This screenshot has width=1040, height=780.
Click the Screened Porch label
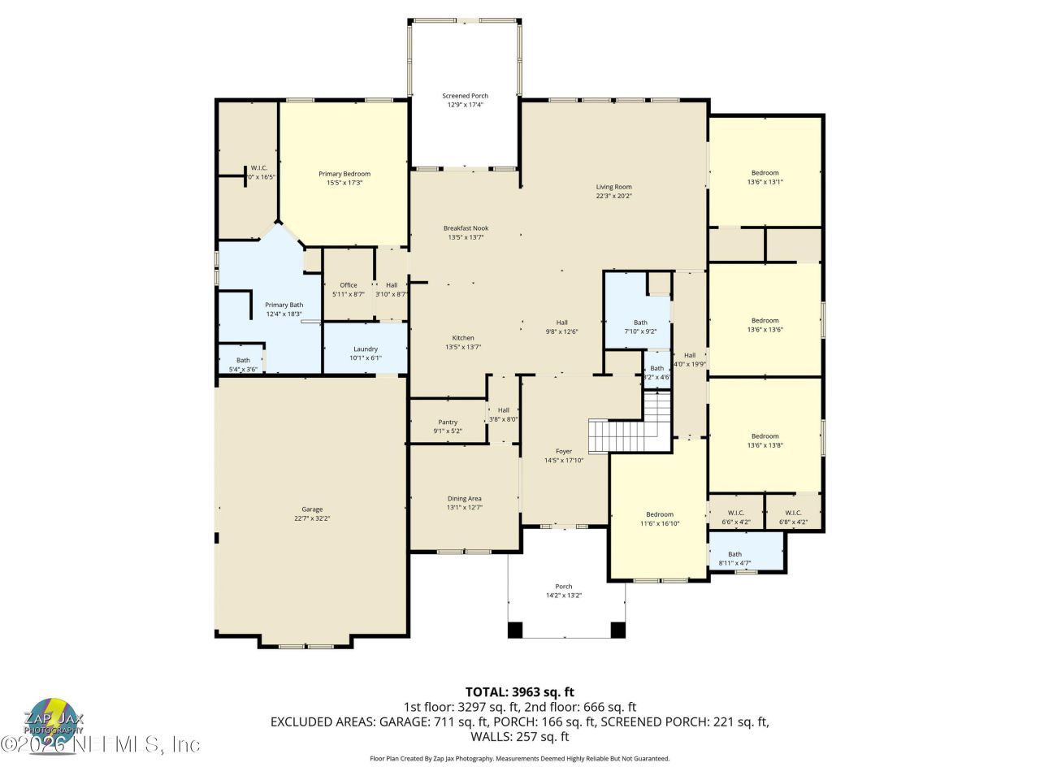tap(465, 96)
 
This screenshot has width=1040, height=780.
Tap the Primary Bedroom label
tap(344, 174)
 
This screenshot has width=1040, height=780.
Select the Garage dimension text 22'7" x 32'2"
tap(312, 518)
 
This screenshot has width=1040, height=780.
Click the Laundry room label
tap(365, 349)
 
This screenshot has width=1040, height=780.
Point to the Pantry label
tap(448, 422)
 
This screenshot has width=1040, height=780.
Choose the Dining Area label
tap(464, 498)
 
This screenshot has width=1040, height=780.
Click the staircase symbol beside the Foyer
tap(631, 422)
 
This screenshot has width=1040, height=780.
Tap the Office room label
tap(349, 285)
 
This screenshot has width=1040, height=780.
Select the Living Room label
tap(613, 187)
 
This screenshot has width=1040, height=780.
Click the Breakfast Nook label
tap(466, 228)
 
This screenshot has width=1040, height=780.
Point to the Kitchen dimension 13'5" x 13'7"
tap(463, 347)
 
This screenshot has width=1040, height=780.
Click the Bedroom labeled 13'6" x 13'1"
tap(765, 172)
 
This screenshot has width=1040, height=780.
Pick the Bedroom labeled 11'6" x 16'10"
tap(659, 514)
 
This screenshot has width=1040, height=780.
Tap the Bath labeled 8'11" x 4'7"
tap(734, 554)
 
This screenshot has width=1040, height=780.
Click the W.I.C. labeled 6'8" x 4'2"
tap(793, 513)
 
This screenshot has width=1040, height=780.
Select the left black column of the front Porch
tap(515, 630)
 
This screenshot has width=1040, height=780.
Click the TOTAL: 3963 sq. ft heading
tap(519, 692)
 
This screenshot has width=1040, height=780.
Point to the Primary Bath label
tap(284, 305)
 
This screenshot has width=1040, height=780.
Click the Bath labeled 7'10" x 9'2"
tap(640, 323)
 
